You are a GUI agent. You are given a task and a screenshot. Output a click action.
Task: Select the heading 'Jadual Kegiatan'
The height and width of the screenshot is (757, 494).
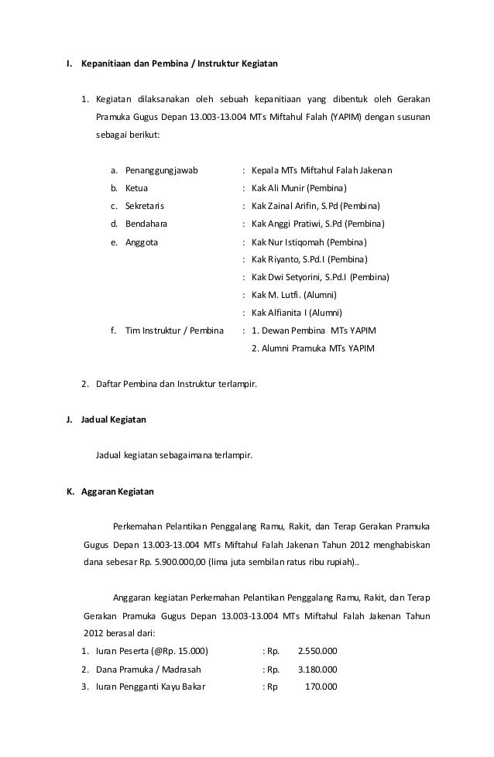[x=113, y=420]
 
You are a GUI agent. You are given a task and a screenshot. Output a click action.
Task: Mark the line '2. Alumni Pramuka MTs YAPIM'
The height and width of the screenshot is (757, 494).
[x=314, y=348]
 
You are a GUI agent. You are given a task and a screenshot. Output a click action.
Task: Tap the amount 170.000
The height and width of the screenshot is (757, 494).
[x=321, y=687]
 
